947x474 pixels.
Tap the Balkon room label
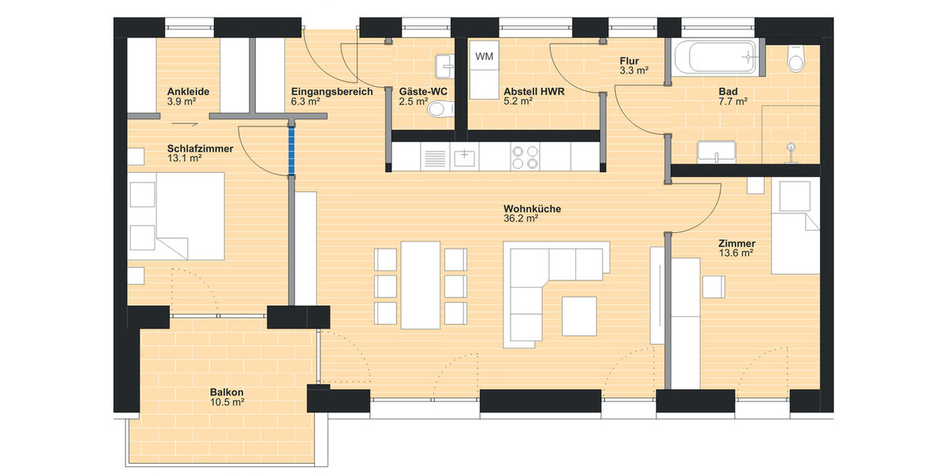click(226, 393)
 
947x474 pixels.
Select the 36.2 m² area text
click(520, 219)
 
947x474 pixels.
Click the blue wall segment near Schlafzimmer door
click(293, 151)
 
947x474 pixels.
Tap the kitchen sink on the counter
click(464, 157)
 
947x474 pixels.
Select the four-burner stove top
click(525, 156)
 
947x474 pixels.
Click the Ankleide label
click(188, 92)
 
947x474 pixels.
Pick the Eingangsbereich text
click(331, 92)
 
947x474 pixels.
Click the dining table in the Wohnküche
click(419, 284)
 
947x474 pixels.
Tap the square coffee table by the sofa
click(580, 315)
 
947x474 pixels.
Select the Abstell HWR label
click(533, 92)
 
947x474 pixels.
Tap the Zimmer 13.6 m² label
click(736, 248)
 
